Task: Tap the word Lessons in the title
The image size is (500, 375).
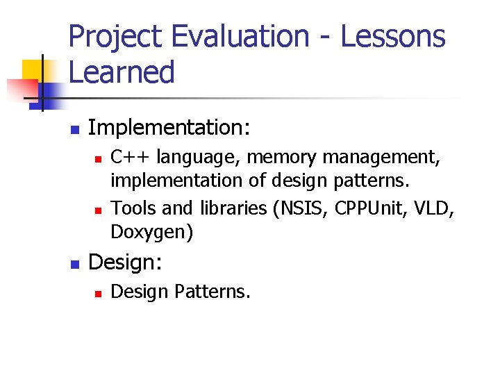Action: pos(393,36)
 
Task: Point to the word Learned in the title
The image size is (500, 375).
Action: pos(122,72)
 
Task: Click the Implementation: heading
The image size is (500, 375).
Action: pos(169,127)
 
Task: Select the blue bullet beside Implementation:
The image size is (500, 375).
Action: pos(75,129)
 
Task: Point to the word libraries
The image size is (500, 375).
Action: pos(233,208)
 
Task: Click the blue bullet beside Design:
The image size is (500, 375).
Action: pos(75,264)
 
